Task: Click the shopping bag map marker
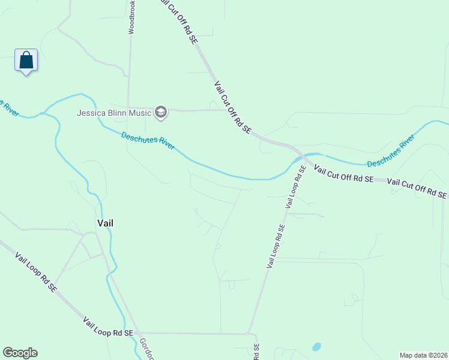26,61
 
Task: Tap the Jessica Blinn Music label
115,112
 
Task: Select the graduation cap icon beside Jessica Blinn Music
160,112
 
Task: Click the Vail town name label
106,223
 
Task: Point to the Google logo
20,353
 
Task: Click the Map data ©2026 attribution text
423,354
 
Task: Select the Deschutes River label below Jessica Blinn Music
148,142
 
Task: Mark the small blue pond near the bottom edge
316,347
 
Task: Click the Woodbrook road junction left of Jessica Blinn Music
128,109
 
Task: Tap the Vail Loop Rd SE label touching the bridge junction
295,187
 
